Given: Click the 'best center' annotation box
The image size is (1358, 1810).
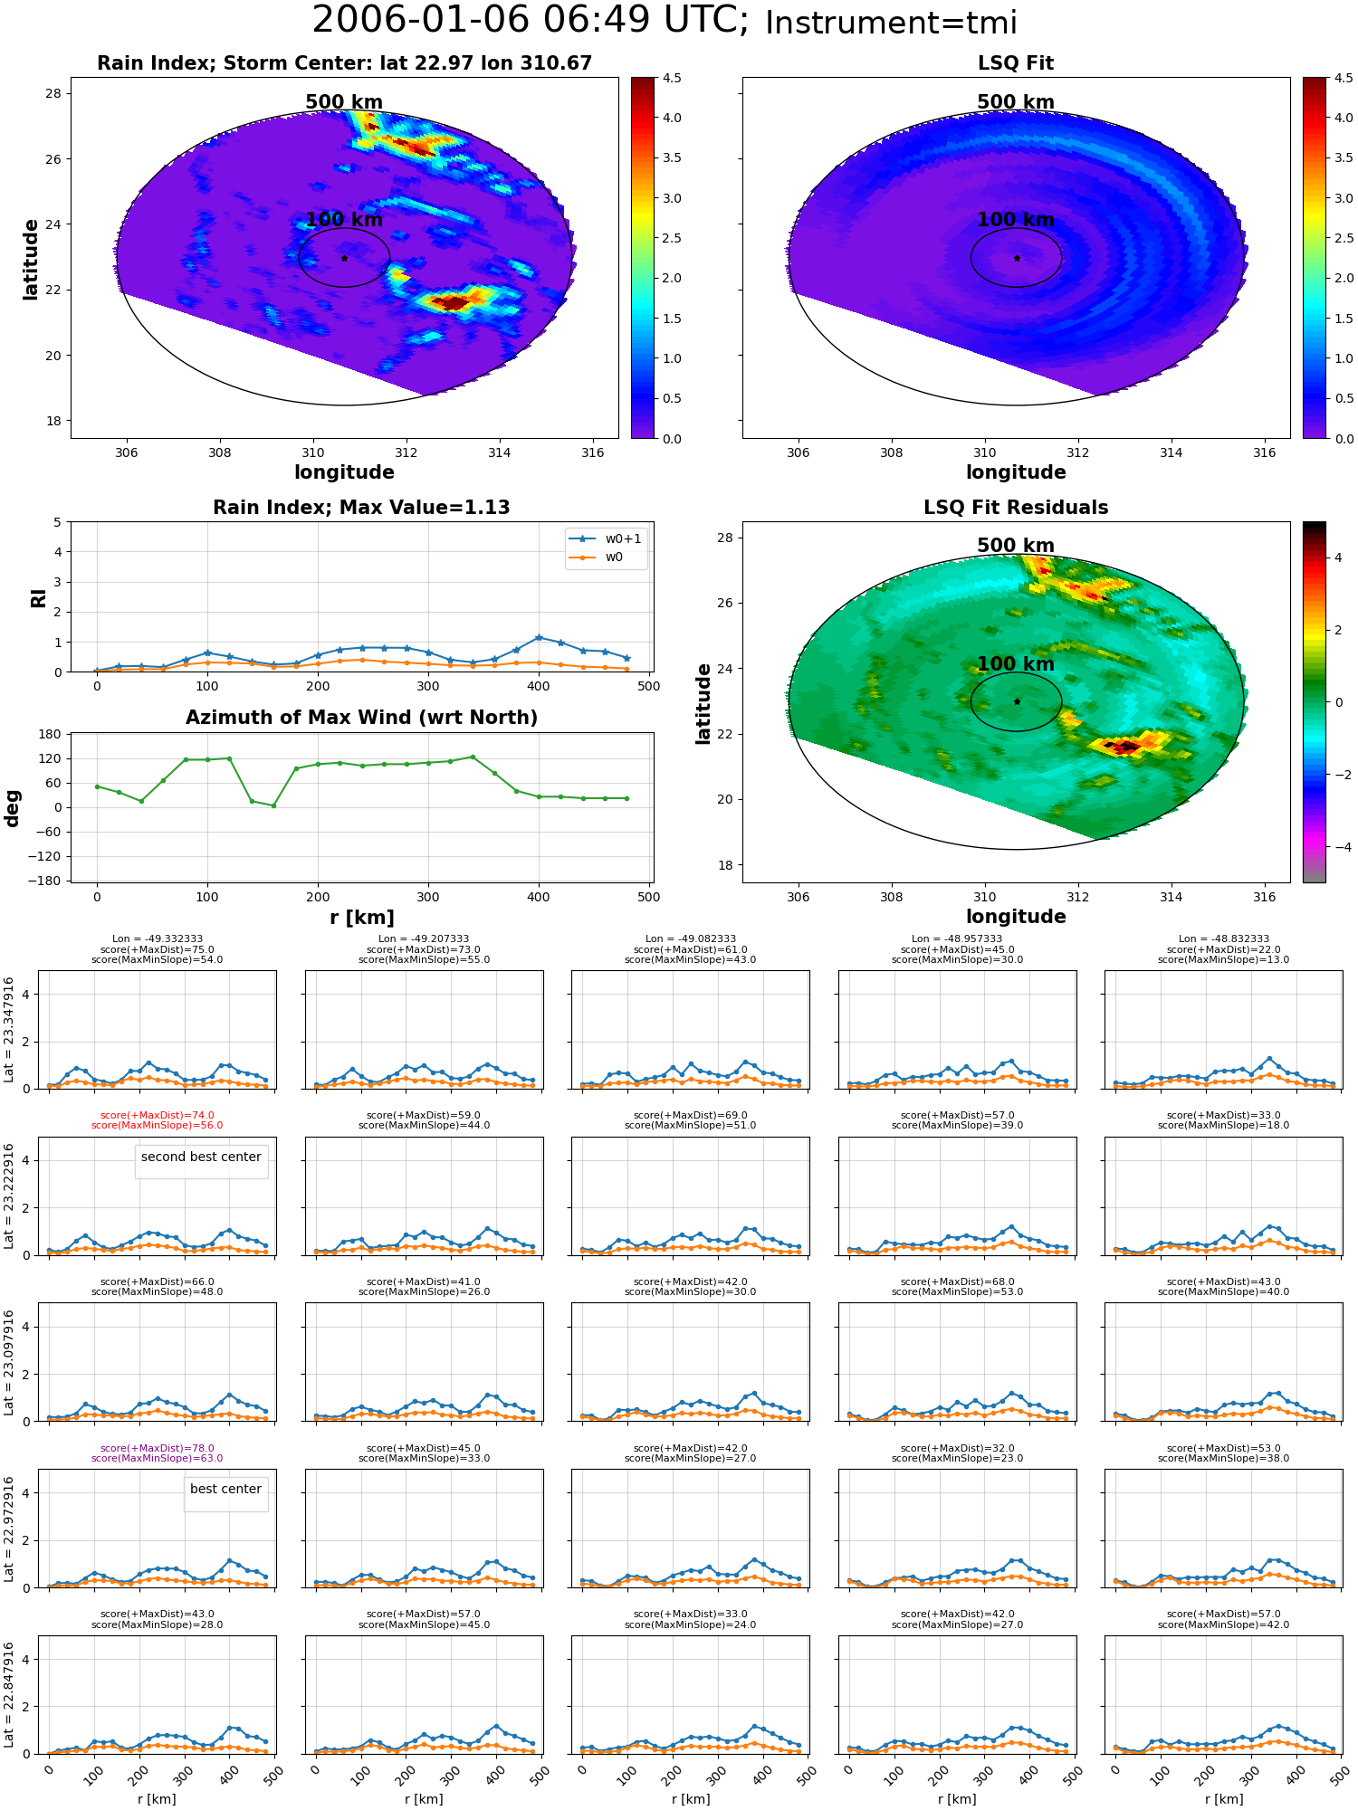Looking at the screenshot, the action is click(225, 1490).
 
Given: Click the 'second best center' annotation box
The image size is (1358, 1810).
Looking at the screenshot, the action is click(201, 1157).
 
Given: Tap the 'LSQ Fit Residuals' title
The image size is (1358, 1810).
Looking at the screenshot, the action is click(1016, 508).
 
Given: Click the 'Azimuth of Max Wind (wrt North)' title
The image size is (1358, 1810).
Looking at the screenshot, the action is click(361, 718).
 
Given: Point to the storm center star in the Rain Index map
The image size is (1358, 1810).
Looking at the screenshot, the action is click(344, 258).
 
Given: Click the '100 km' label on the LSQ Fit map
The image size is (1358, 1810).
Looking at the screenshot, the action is click(1016, 220).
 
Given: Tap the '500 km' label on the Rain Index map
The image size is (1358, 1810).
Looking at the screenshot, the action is click(344, 102).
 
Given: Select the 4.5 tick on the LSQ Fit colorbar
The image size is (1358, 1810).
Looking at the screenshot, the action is click(1343, 78).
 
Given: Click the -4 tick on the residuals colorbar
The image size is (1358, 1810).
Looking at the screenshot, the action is click(1338, 847).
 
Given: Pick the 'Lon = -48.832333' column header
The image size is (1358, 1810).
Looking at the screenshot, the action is click(1223, 939).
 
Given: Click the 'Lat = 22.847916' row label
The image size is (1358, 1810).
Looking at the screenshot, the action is click(8, 1697).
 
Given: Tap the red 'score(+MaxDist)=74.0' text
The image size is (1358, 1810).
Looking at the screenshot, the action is click(157, 1116).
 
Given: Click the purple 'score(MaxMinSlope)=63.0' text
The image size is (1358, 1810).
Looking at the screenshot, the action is click(157, 1459).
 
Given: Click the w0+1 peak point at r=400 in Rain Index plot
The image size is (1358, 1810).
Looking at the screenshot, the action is click(539, 637).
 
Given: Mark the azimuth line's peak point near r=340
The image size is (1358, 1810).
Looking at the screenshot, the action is click(473, 757).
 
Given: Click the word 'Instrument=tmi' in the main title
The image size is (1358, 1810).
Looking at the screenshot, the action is click(891, 23).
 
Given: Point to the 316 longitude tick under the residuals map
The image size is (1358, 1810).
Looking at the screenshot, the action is click(1264, 897).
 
